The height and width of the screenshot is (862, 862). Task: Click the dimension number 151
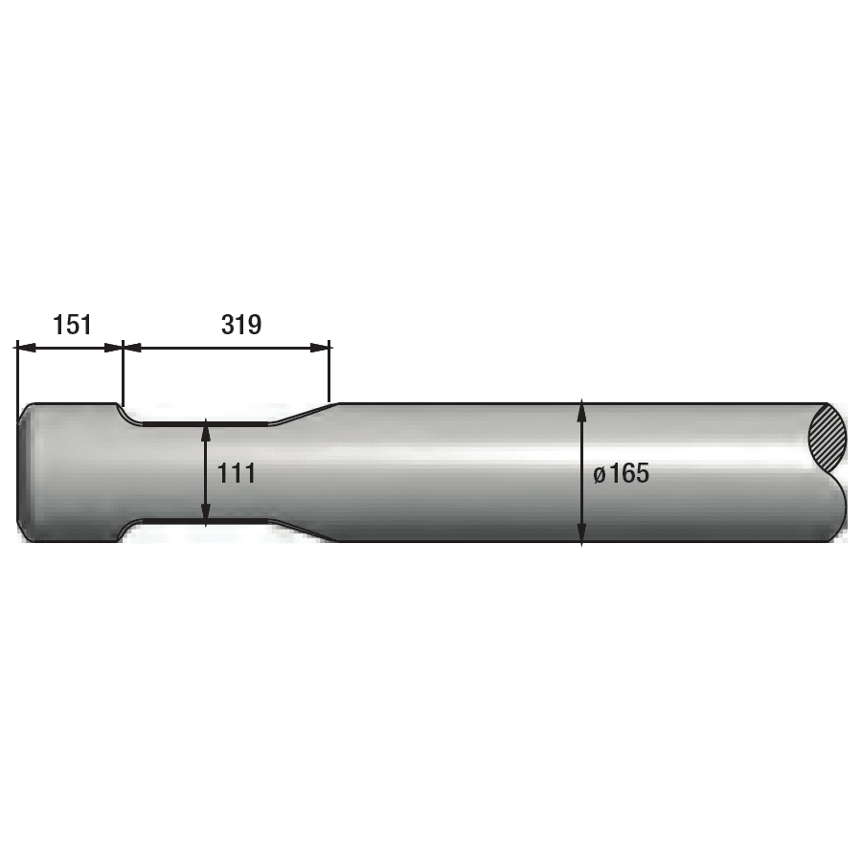point(72,325)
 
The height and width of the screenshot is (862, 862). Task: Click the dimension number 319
point(241,325)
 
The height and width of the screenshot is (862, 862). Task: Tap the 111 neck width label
point(237,473)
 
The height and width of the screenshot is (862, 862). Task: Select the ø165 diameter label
point(622,473)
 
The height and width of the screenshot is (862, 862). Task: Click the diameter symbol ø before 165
point(600,475)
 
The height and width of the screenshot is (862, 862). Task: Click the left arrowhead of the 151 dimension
point(27,348)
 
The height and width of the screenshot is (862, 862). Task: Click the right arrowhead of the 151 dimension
point(113,348)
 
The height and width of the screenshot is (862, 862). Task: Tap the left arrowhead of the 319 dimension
point(132,348)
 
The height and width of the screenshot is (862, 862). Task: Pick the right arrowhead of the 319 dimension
point(320,348)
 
